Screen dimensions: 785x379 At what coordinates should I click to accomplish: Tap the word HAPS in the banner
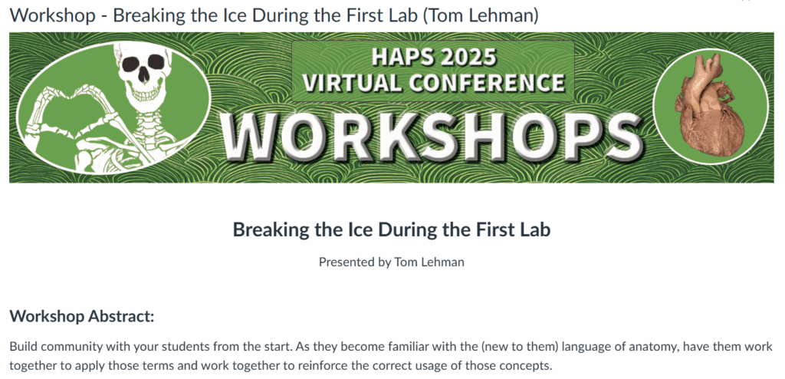coord(395,58)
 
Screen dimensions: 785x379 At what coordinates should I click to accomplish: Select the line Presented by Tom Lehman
coord(392,262)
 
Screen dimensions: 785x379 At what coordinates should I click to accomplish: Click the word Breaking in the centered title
coord(266,229)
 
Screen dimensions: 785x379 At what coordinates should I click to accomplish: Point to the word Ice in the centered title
coord(341,229)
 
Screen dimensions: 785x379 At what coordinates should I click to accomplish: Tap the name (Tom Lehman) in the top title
coord(480,15)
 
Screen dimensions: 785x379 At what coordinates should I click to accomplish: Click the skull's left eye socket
coord(132,63)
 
